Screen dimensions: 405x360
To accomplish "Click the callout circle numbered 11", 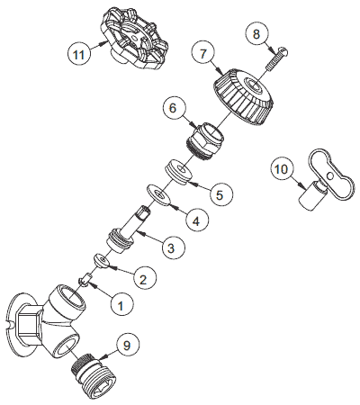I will pos(80,54).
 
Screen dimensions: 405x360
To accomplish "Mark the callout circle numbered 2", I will pos(141,279).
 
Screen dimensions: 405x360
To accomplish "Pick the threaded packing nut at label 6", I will pos(205,139).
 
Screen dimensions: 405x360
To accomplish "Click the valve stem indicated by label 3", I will pos(130,232).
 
